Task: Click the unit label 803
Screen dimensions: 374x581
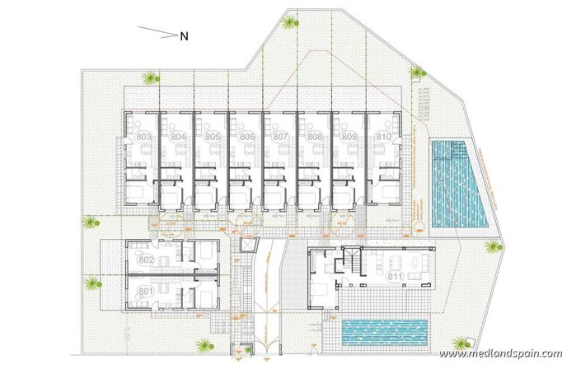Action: (x=143, y=136)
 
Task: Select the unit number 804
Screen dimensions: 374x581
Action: (x=178, y=136)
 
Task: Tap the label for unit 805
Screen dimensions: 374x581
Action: (x=213, y=136)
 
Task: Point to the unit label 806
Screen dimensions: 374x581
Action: (x=246, y=136)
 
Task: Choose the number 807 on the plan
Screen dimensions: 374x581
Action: (x=280, y=136)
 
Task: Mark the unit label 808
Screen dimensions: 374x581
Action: (x=314, y=136)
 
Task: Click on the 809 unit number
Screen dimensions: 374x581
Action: (x=349, y=136)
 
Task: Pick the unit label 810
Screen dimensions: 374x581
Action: (x=382, y=136)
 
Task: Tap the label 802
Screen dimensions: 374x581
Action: (x=147, y=259)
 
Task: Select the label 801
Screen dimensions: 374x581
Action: (x=147, y=291)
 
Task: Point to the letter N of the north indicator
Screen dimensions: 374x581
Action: (x=185, y=35)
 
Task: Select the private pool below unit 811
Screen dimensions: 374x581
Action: (x=384, y=332)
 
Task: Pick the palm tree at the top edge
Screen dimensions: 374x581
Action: (x=289, y=21)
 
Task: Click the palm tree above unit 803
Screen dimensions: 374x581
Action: (x=150, y=79)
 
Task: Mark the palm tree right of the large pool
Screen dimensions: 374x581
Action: (x=492, y=246)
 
